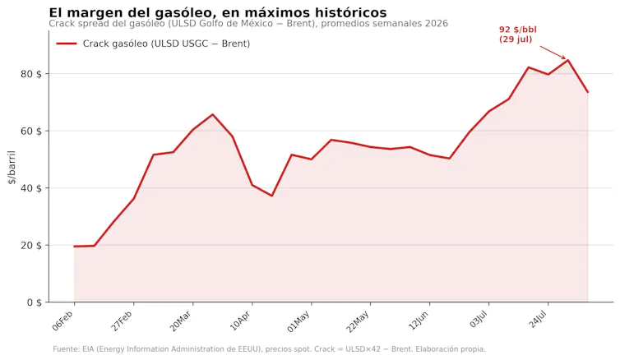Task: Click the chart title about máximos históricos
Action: (217, 12)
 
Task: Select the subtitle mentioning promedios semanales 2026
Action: (248, 24)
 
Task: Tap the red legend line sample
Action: (67, 44)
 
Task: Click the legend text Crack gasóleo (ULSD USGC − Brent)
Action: (166, 44)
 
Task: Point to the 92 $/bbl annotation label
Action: (517, 35)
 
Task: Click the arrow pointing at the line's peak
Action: (553, 53)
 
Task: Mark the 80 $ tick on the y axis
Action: (31, 74)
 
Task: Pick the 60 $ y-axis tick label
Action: (31, 131)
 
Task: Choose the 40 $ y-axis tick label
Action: (31, 188)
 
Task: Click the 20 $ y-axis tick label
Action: (31, 246)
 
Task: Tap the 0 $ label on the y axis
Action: (34, 302)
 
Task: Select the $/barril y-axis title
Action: (12, 167)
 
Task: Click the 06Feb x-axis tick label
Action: (63, 321)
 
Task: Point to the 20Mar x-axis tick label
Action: (181, 321)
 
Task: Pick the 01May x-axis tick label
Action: (298, 321)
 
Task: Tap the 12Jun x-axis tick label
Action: (419, 321)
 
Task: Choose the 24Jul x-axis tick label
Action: (538, 320)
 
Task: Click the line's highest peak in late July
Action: (568, 60)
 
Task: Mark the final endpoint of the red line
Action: (588, 92)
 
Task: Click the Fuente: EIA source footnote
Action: (269, 349)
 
